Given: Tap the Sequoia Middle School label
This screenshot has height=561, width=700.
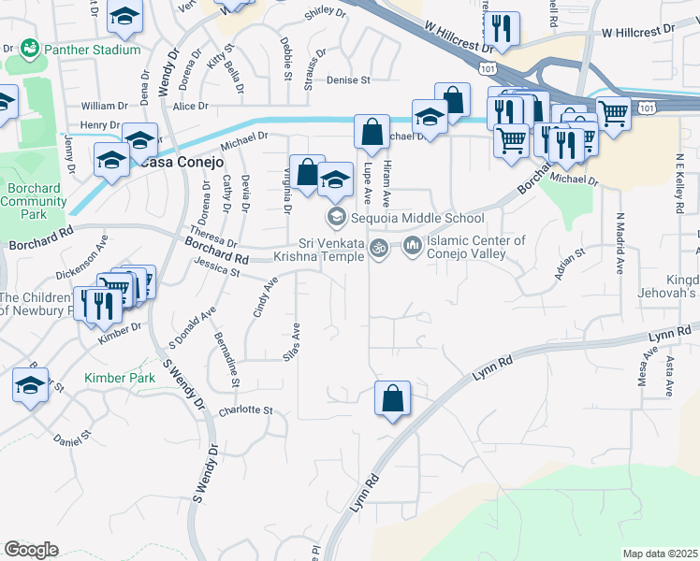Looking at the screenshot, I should pos(417,219).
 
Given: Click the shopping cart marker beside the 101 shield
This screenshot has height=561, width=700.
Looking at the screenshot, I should pos(613,114).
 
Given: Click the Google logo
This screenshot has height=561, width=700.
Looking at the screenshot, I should pos(31,550).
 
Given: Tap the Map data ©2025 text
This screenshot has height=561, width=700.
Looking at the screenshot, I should pos(660,554).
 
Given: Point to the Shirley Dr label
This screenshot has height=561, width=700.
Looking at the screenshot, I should pos(326,12).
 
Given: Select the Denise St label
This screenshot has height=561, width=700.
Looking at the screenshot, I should pos(349,80).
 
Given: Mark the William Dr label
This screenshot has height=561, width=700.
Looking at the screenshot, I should pos(104,106).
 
